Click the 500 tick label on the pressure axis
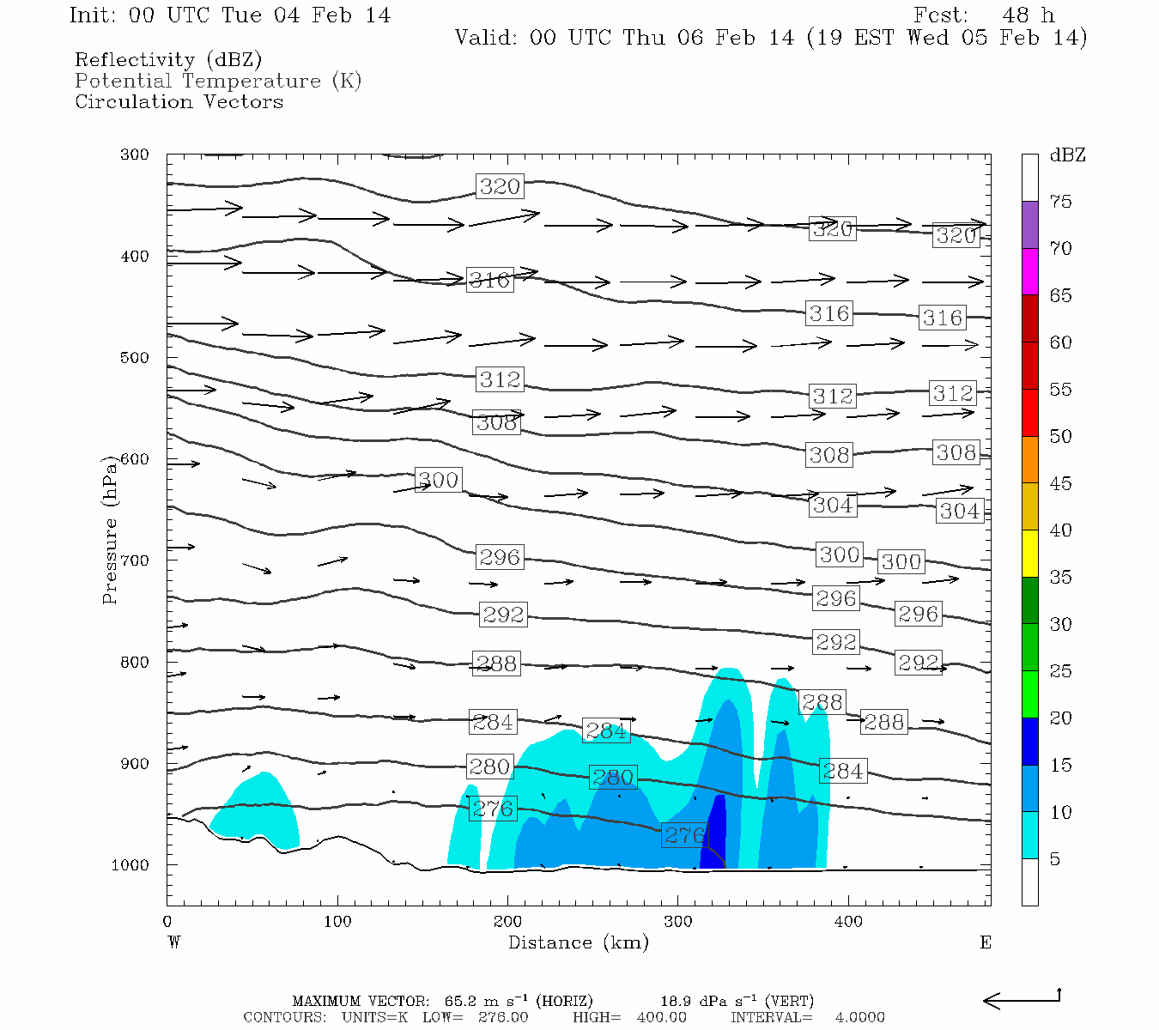(x=134, y=357)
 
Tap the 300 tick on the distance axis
(x=677, y=922)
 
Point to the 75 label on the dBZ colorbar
(x=1060, y=202)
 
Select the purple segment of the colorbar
(x=1029, y=224)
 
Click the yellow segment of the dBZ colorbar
(x=1029, y=553)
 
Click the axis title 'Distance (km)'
(x=578, y=942)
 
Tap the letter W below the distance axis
(x=174, y=942)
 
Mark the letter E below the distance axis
(x=985, y=942)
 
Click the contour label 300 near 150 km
(x=438, y=480)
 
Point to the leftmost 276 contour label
(x=493, y=809)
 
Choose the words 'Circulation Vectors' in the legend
(x=179, y=101)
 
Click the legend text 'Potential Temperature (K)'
(x=218, y=81)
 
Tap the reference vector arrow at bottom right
(x=1021, y=999)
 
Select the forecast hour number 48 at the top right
(x=1016, y=15)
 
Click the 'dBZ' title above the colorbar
(x=1067, y=155)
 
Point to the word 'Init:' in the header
(x=94, y=15)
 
